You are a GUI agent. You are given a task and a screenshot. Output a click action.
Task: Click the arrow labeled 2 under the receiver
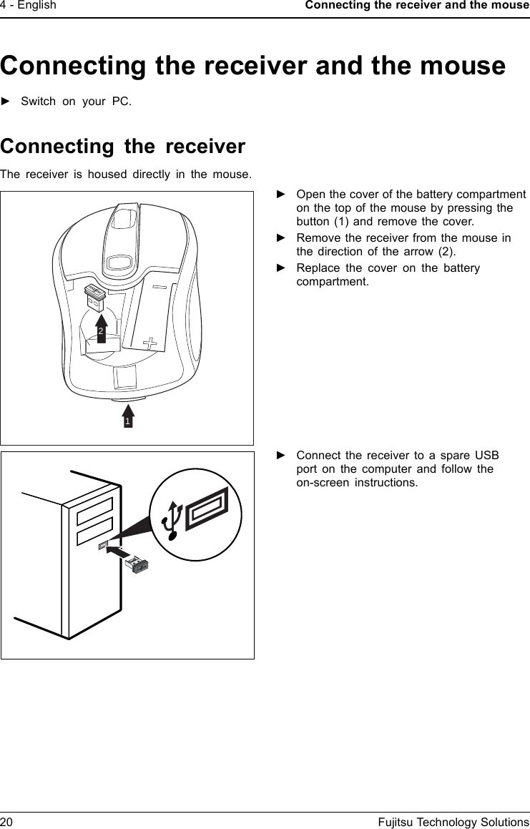[x=102, y=328]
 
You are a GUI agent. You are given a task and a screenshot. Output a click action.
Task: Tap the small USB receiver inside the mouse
[x=94, y=296]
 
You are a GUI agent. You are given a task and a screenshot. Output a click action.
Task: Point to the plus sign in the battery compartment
[x=150, y=343]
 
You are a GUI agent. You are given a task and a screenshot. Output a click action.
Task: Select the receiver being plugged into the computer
[x=136, y=565]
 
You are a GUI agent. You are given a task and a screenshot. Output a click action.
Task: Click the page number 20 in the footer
[x=6, y=822]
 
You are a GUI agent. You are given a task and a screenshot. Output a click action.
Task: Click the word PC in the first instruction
[x=122, y=101]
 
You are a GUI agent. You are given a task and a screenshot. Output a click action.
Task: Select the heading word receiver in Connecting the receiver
[x=205, y=147]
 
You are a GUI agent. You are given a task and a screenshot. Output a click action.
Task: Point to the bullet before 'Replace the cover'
[x=281, y=268]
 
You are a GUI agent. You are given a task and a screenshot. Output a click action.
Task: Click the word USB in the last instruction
[x=487, y=456]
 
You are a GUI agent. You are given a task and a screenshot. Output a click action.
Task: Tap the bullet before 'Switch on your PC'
[x=6, y=101]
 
